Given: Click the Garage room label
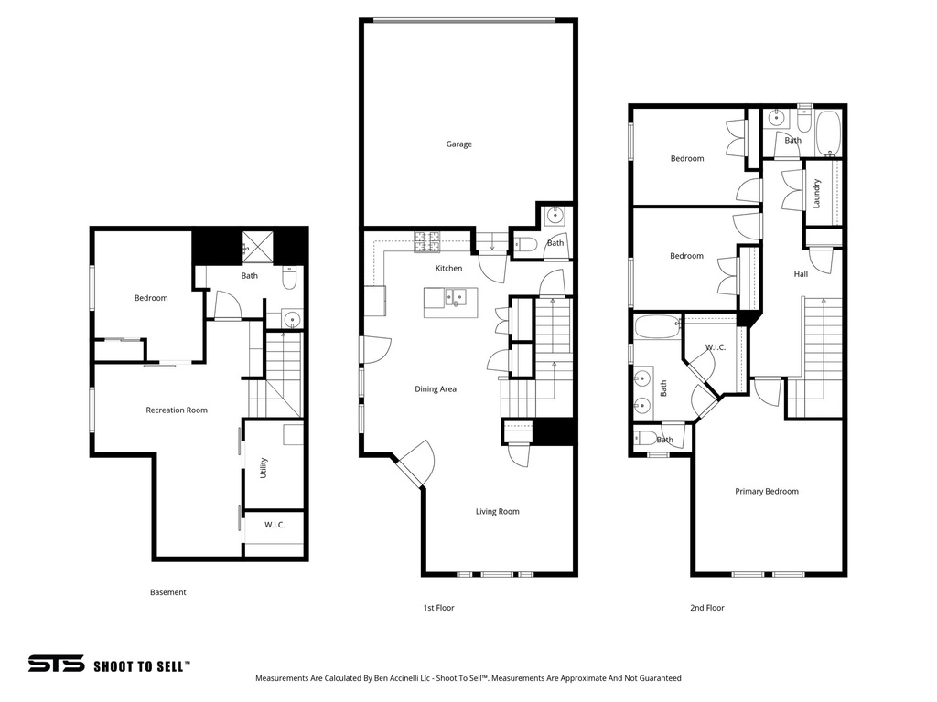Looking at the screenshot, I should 458,144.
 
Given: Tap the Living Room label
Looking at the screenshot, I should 497,512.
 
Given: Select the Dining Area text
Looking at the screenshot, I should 436,389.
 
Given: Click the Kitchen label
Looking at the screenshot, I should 448,269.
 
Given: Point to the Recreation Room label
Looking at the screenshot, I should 177,410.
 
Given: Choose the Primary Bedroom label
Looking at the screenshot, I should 767,492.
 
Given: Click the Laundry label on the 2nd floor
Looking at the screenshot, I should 816,193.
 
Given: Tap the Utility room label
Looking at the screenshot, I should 264,468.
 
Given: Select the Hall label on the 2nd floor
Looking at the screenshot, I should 801,274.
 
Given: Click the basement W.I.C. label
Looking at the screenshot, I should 275,525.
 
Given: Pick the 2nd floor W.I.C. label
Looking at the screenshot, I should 715,347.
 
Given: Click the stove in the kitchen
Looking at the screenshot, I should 425,241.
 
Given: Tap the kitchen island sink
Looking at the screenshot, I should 454,296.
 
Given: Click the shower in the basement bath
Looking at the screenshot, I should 252,245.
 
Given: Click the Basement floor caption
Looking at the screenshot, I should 167,592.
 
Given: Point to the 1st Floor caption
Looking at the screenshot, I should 438,608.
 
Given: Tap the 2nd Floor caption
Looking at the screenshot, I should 707,608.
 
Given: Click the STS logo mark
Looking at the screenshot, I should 56,665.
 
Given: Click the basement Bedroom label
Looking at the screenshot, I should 151,298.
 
